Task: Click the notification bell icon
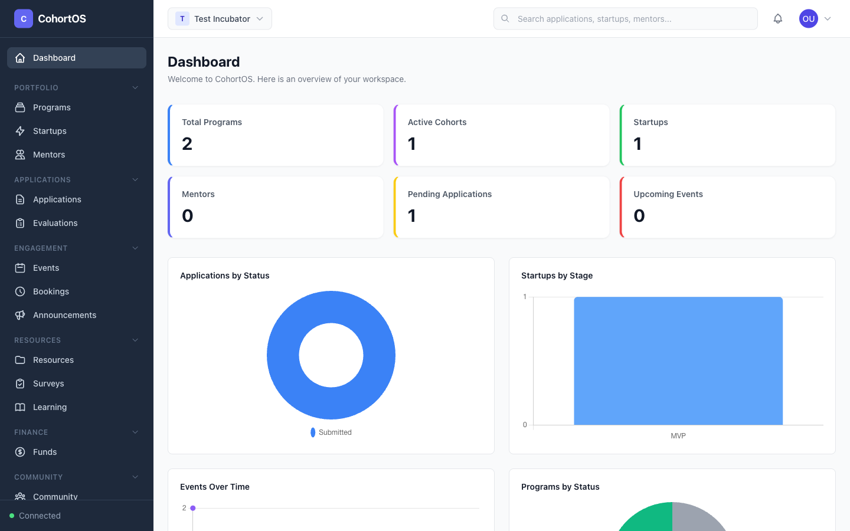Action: click(778, 19)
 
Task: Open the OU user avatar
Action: click(808, 19)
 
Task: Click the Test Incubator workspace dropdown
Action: click(220, 19)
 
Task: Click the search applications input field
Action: click(626, 19)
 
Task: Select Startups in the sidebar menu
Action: click(50, 131)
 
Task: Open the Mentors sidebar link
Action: click(49, 155)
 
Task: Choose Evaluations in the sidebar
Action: click(55, 223)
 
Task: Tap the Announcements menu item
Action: click(64, 315)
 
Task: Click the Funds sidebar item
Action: click(45, 452)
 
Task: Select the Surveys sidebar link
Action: click(48, 383)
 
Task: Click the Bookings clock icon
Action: click(20, 291)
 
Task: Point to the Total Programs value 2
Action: click(187, 144)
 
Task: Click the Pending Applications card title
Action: click(449, 194)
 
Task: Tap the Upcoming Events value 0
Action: click(639, 216)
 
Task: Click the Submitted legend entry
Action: click(331, 432)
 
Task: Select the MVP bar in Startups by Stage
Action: click(678, 360)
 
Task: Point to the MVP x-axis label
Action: click(678, 436)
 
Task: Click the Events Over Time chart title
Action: click(215, 487)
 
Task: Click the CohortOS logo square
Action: click(24, 19)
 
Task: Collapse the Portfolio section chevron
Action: click(135, 88)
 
